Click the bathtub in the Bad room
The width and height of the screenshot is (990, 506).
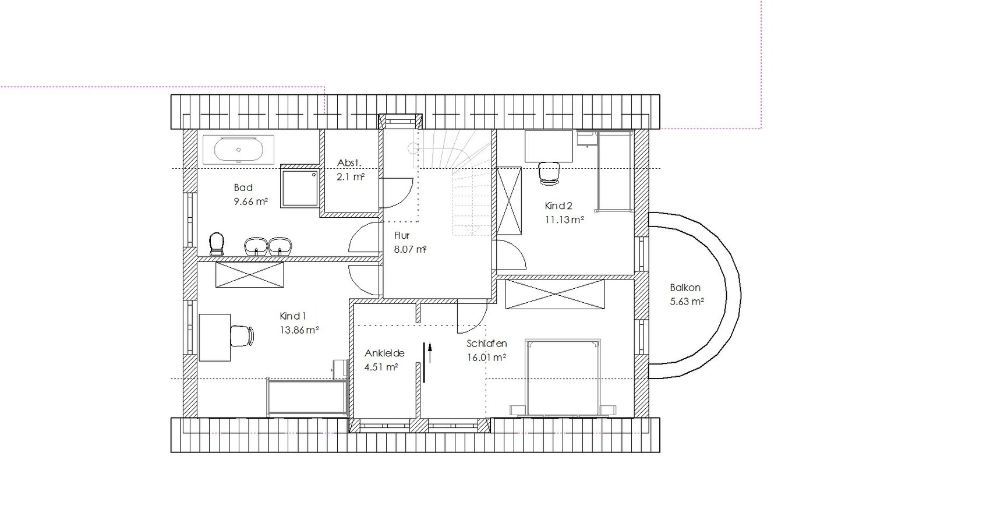(x=239, y=150)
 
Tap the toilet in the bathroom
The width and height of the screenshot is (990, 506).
(x=216, y=244)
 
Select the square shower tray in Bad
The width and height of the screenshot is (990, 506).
(x=300, y=187)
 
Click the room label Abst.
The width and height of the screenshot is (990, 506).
(x=349, y=162)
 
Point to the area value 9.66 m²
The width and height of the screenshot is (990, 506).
(x=250, y=201)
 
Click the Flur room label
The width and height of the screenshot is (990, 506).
(x=402, y=236)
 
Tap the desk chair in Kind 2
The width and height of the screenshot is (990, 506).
(x=549, y=174)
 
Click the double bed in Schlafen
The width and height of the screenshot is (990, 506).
(x=563, y=377)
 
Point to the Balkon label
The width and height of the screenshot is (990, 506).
(x=685, y=288)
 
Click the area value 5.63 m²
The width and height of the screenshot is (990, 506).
(x=687, y=302)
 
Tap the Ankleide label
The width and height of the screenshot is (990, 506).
(x=384, y=353)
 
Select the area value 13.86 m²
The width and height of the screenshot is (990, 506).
(x=299, y=330)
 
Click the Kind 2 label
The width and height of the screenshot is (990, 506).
(x=558, y=206)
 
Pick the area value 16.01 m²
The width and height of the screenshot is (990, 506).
(x=486, y=358)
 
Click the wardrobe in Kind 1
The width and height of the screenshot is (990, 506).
(x=250, y=275)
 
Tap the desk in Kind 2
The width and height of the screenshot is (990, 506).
(x=549, y=146)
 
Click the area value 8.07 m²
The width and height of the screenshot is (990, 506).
(x=410, y=249)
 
